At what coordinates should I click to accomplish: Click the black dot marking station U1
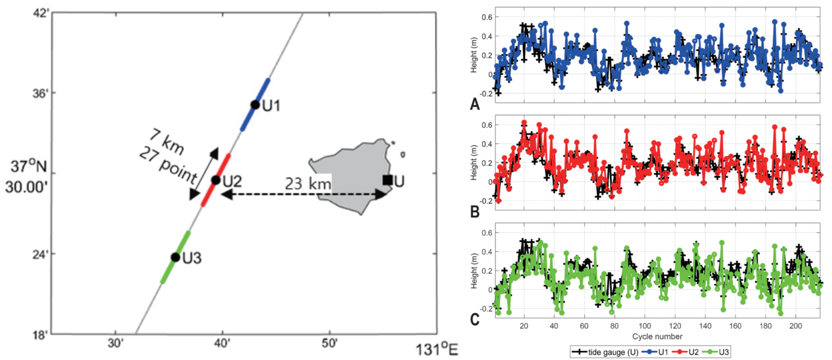tap(255, 105)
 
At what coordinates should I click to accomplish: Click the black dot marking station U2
tap(216, 180)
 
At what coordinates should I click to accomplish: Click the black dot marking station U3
tap(175, 257)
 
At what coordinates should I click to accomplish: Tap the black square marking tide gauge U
tap(387, 180)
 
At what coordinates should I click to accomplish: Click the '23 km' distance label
tap(308, 183)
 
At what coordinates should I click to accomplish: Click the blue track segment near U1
tap(256, 104)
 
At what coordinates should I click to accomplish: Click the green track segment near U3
tap(175, 257)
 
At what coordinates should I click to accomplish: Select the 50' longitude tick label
tap(329, 343)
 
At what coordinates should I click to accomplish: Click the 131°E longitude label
tap(437, 349)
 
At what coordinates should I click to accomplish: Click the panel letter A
tap(475, 104)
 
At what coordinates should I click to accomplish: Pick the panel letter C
tap(475, 319)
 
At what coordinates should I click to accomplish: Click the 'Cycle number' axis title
tap(657, 337)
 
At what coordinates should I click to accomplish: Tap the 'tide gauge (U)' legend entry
tap(606, 352)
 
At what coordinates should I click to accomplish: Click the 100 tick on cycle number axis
tap(644, 326)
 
